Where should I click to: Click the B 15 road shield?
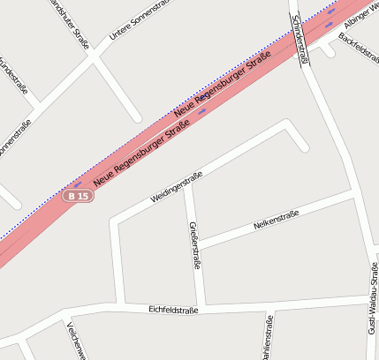[x=78, y=196]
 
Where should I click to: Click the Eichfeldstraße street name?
[x=174, y=310]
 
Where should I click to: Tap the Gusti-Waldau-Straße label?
[x=373, y=304]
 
